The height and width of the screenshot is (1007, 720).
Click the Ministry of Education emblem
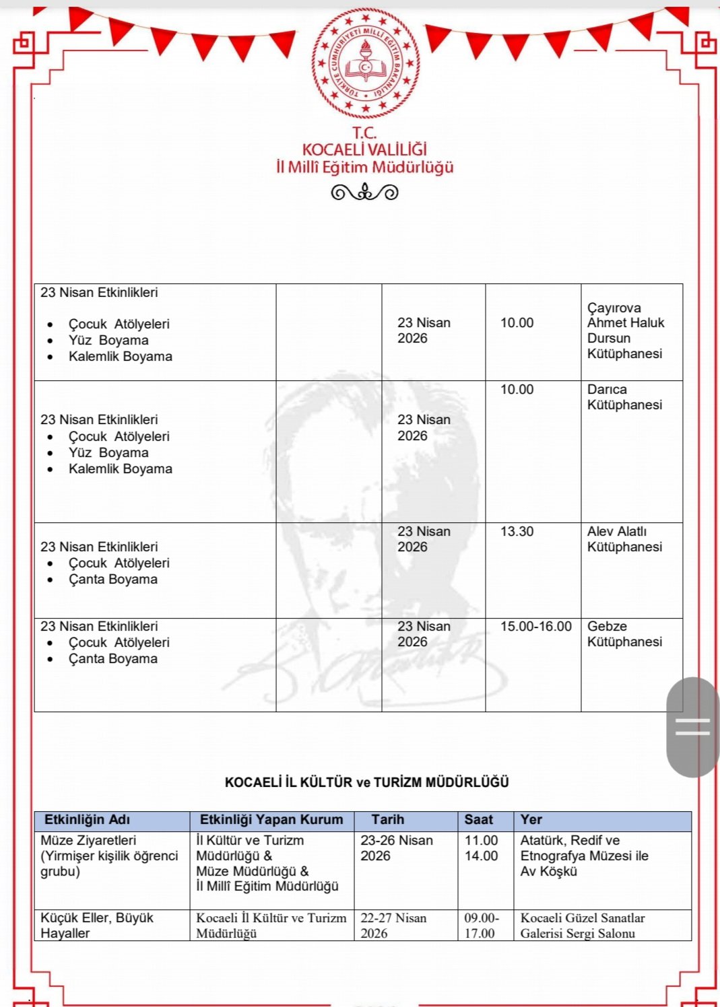point(366,64)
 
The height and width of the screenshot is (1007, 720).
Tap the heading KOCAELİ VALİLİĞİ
point(364,149)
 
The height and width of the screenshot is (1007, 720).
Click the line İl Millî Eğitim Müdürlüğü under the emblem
point(364,167)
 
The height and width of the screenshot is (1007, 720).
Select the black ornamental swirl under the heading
point(364,193)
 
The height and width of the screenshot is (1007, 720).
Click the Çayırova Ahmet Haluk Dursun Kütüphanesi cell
point(625,331)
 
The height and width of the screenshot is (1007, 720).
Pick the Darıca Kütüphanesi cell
point(624,397)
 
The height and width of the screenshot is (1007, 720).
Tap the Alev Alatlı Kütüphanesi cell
point(624,539)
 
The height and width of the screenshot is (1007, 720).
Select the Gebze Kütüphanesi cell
point(624,634)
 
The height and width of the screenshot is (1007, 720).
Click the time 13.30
point(517,532)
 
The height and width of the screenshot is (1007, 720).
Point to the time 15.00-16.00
point(535,627)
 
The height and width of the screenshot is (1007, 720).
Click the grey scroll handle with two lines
point(692,727)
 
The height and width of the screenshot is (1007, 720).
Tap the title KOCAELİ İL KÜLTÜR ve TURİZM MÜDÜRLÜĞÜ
point(366,782)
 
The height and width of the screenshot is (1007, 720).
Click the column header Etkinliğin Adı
point(87,820)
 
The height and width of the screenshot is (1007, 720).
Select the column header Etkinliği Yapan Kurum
point(271,820)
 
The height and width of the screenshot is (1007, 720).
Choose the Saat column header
point(478,820)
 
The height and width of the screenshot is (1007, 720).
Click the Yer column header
point(531,820)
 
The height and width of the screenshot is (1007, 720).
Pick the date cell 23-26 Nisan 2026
point(396,848)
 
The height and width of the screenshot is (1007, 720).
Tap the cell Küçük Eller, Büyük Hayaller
point(96,926)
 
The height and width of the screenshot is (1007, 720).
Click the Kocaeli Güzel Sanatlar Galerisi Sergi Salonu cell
point(582,926)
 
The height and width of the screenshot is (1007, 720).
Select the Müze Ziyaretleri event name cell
point(108,856)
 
